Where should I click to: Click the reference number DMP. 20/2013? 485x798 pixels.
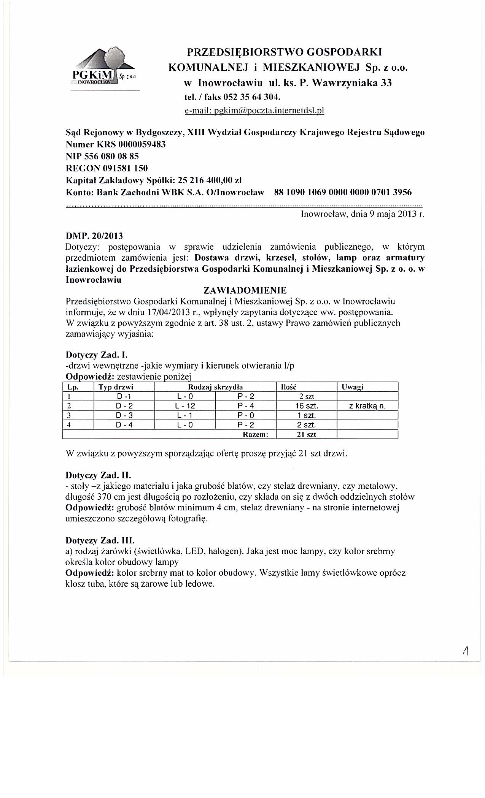pyautogui.click(x=94, y=236)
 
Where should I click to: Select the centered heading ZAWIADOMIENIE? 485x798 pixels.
pyautogui.click(x=245, y=291)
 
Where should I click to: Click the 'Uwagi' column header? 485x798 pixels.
pyautogui.click(x=352, y=387)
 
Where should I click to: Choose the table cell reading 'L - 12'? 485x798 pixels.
pyautogui.click(x=185, y=406)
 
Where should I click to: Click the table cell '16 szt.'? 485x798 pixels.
pyautogui.click(x=307, y=406)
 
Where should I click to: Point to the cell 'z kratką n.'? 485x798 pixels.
pyautogui.click(x=367, y=406)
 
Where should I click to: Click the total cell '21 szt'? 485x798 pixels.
pyautogui.click(x=307, y=434)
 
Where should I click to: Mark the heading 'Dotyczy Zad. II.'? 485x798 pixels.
pyautogui.click(x=99, y=475)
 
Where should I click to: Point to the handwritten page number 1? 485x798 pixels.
pyautogui.click(x=465, y=651)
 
